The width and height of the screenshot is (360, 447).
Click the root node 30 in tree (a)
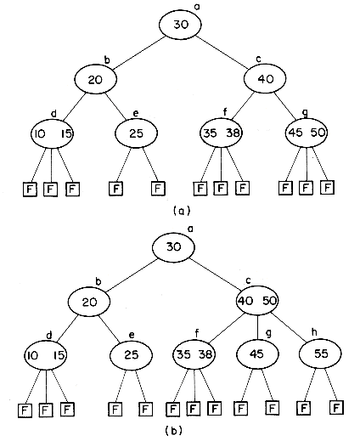180,25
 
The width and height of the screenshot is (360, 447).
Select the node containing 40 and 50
257,301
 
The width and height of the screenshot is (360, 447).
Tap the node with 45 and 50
307,133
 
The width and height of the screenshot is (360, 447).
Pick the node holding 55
321,354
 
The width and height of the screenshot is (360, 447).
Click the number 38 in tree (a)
233,133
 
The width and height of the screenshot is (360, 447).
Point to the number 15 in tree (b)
59,355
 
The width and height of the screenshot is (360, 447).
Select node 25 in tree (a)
136,133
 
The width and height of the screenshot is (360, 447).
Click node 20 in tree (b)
89,303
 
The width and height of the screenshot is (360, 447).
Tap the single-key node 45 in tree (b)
257,354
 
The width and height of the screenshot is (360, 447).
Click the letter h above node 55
314,332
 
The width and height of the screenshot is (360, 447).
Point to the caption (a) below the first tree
182,211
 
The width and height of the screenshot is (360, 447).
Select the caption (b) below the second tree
173,431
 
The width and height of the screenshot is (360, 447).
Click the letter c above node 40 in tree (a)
259,59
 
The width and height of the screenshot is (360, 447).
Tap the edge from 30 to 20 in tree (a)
139,53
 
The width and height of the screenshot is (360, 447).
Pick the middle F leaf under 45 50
307,187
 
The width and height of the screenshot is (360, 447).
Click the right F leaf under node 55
336,408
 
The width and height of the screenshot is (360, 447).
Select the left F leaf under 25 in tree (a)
116,189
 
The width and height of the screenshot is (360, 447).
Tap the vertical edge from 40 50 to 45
257,327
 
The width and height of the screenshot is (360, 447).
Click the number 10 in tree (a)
40,133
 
